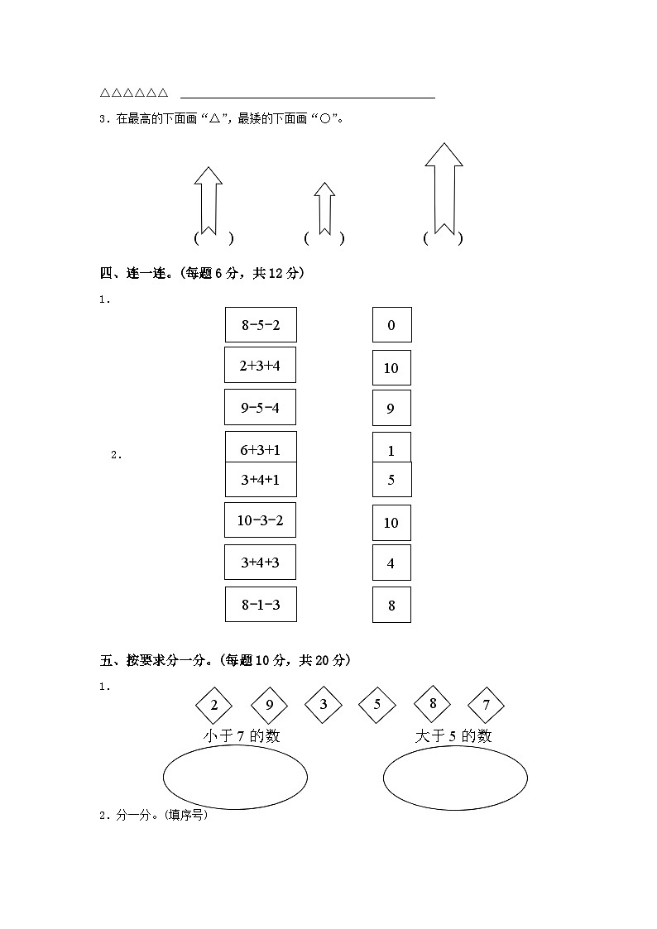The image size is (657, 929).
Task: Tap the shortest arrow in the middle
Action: (324, 208)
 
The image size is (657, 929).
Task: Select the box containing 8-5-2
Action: (261, 324)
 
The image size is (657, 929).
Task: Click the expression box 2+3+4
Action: (260, 365)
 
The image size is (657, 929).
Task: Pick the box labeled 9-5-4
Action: (260, 407)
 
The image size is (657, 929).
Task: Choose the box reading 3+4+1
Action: (261, 480)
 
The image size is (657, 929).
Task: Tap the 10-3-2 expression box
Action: (260, 520)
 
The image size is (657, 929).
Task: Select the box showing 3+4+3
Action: (260, 563)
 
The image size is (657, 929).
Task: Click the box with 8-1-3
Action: (261, 605)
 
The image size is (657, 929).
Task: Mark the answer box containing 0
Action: (391, 325)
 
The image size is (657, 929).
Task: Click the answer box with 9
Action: (391, 408)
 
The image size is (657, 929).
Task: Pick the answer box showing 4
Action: (391, 563)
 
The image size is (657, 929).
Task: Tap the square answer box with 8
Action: (391, 605)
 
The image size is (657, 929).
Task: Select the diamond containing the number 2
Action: (214, 706)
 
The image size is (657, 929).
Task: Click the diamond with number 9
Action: (269, 706)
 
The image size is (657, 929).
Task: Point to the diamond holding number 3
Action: (324, 705)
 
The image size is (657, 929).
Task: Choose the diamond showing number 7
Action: (487, 706)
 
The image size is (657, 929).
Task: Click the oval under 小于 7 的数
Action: (235, 776)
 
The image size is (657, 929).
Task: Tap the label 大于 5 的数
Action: (453, 735)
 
